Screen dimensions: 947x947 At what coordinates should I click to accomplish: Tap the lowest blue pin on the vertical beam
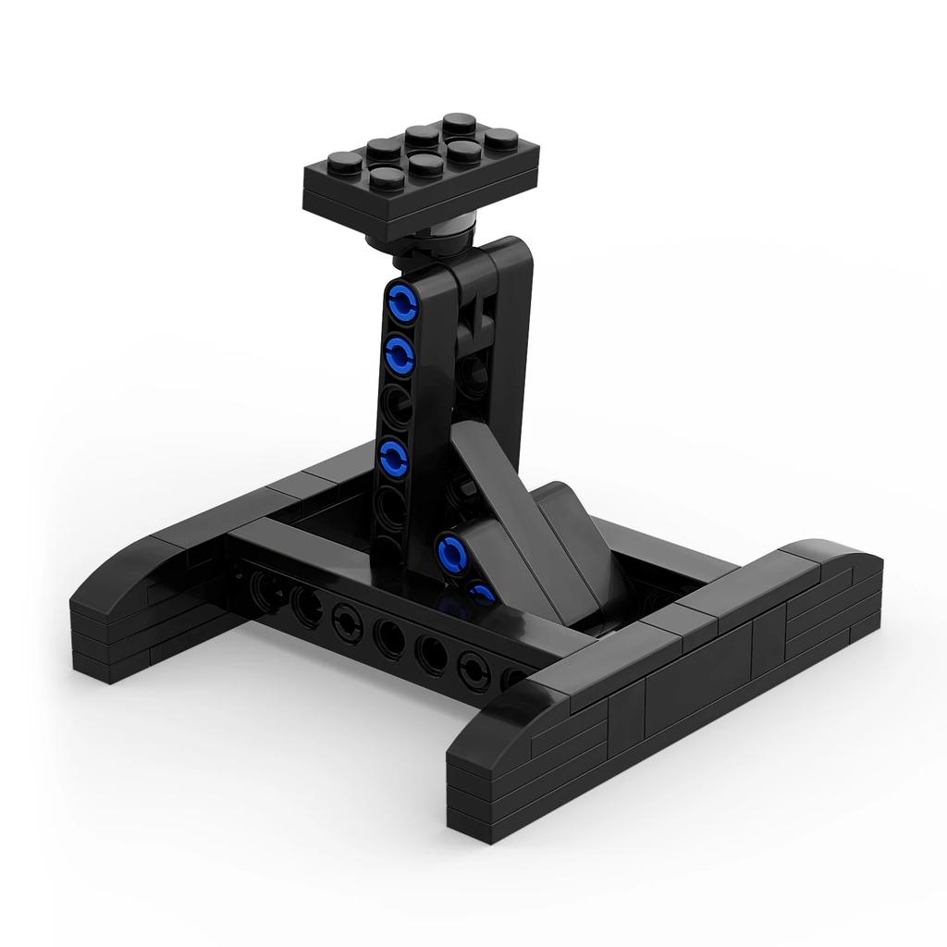pyautogui.click(x=394, y=456)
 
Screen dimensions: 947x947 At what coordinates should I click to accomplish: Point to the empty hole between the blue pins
pyautogui.click(x=397, y=403)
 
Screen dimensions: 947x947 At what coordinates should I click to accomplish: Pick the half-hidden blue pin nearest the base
pyautogui.click(x=481, y=592)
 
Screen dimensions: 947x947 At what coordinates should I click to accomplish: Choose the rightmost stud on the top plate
pyautogui.click(x=498, y=139)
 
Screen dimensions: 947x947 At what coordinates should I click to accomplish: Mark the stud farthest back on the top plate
pyautogui.click(x=455, y=122)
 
